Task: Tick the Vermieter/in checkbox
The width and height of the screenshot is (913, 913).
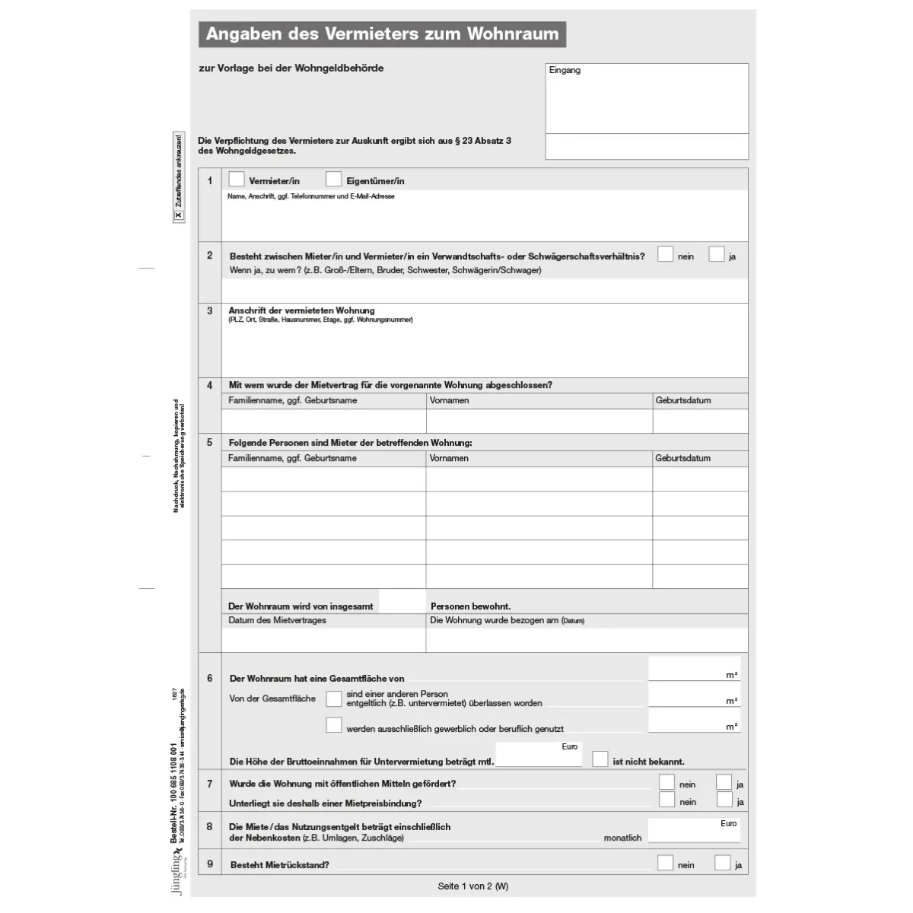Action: click(x=237, y=180)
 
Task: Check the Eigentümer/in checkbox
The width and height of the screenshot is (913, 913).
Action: click(x=333, y=180)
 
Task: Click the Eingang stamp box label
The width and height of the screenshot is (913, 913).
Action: click(x=565, y=71)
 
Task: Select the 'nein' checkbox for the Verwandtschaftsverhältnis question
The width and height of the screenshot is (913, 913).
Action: click(x=666, y=255)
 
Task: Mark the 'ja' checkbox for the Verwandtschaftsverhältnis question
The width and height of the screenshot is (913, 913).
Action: click(x=716, y=255)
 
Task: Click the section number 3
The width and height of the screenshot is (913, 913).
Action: click(x=210, y=310)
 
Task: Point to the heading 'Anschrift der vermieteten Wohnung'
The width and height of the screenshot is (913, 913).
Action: click(x=302, y=310)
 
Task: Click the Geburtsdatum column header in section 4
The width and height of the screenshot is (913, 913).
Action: click(x=682, y=400)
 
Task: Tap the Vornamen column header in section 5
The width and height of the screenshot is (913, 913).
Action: click(x=449, y=458)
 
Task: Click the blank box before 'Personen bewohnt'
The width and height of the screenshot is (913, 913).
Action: click(x=402, y=603)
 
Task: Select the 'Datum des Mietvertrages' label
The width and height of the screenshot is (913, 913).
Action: click(x=277, y=620)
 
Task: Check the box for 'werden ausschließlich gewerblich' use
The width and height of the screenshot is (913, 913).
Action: click(x=333, y=725)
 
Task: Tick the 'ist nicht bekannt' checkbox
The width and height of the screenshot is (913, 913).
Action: click(x=600, y=759)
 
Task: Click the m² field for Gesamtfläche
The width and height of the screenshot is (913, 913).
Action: click(x=693, y=669)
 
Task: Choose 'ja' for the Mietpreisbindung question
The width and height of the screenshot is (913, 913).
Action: click(x=724, y=800)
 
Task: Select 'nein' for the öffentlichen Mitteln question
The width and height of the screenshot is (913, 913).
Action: click(x=666, y=782)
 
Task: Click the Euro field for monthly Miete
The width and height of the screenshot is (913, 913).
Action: click(x=693, y=831)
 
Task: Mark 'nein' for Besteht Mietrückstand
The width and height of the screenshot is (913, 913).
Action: click(x=666, y=863)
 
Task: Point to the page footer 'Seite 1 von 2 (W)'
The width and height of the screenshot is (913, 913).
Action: click(x=473, y=886)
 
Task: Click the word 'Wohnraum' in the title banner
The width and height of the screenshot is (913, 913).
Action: click(x=513, y=34)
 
